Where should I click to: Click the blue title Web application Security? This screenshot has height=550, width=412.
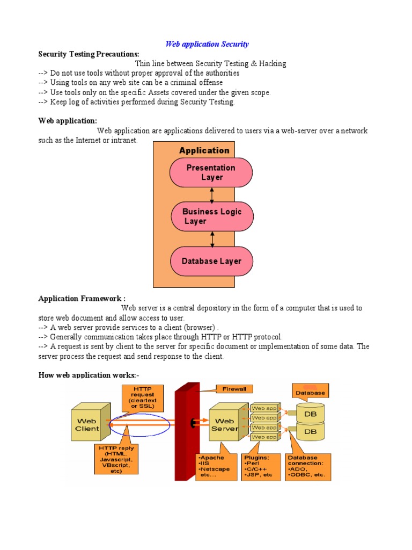tap(207, 44)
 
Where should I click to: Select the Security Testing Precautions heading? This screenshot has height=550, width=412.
tap(89, 54)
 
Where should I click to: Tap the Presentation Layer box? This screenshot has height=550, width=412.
tap(211, 172)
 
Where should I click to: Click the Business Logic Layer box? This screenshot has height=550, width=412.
tap(212, 216)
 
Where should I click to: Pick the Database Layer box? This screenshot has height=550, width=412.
tap(211, 261)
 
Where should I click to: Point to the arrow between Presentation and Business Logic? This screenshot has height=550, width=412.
tap(211, 195)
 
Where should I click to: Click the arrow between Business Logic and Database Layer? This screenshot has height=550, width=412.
tap(212, 239)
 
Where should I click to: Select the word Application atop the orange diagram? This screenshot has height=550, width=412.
tap(204, 150)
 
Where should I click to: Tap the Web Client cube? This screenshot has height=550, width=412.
tap(91, 422)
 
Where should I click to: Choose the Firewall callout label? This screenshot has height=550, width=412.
tap(234, 389)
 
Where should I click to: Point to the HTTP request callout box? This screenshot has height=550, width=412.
tap(142, 398)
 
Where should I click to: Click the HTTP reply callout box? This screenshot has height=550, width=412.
tap(116, 459)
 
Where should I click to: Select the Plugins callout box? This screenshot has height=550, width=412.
tap(261, 467)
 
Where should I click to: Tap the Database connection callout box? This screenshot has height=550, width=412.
tap(308, 467)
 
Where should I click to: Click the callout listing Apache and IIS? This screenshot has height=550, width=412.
tap(217, 467)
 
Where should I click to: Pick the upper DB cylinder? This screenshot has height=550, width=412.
tap(311, 412)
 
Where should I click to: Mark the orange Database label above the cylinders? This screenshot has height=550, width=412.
tap(311, 391)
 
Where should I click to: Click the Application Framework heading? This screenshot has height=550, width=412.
tap(82, 299)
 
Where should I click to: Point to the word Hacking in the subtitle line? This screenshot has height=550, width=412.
tap(272, 63)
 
